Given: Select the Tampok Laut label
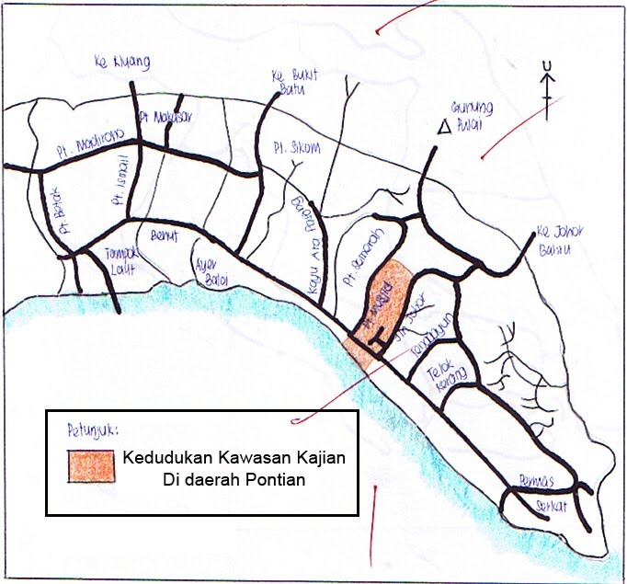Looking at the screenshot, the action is click(102, 260).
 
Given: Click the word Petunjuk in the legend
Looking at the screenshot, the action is click(92, 429).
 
